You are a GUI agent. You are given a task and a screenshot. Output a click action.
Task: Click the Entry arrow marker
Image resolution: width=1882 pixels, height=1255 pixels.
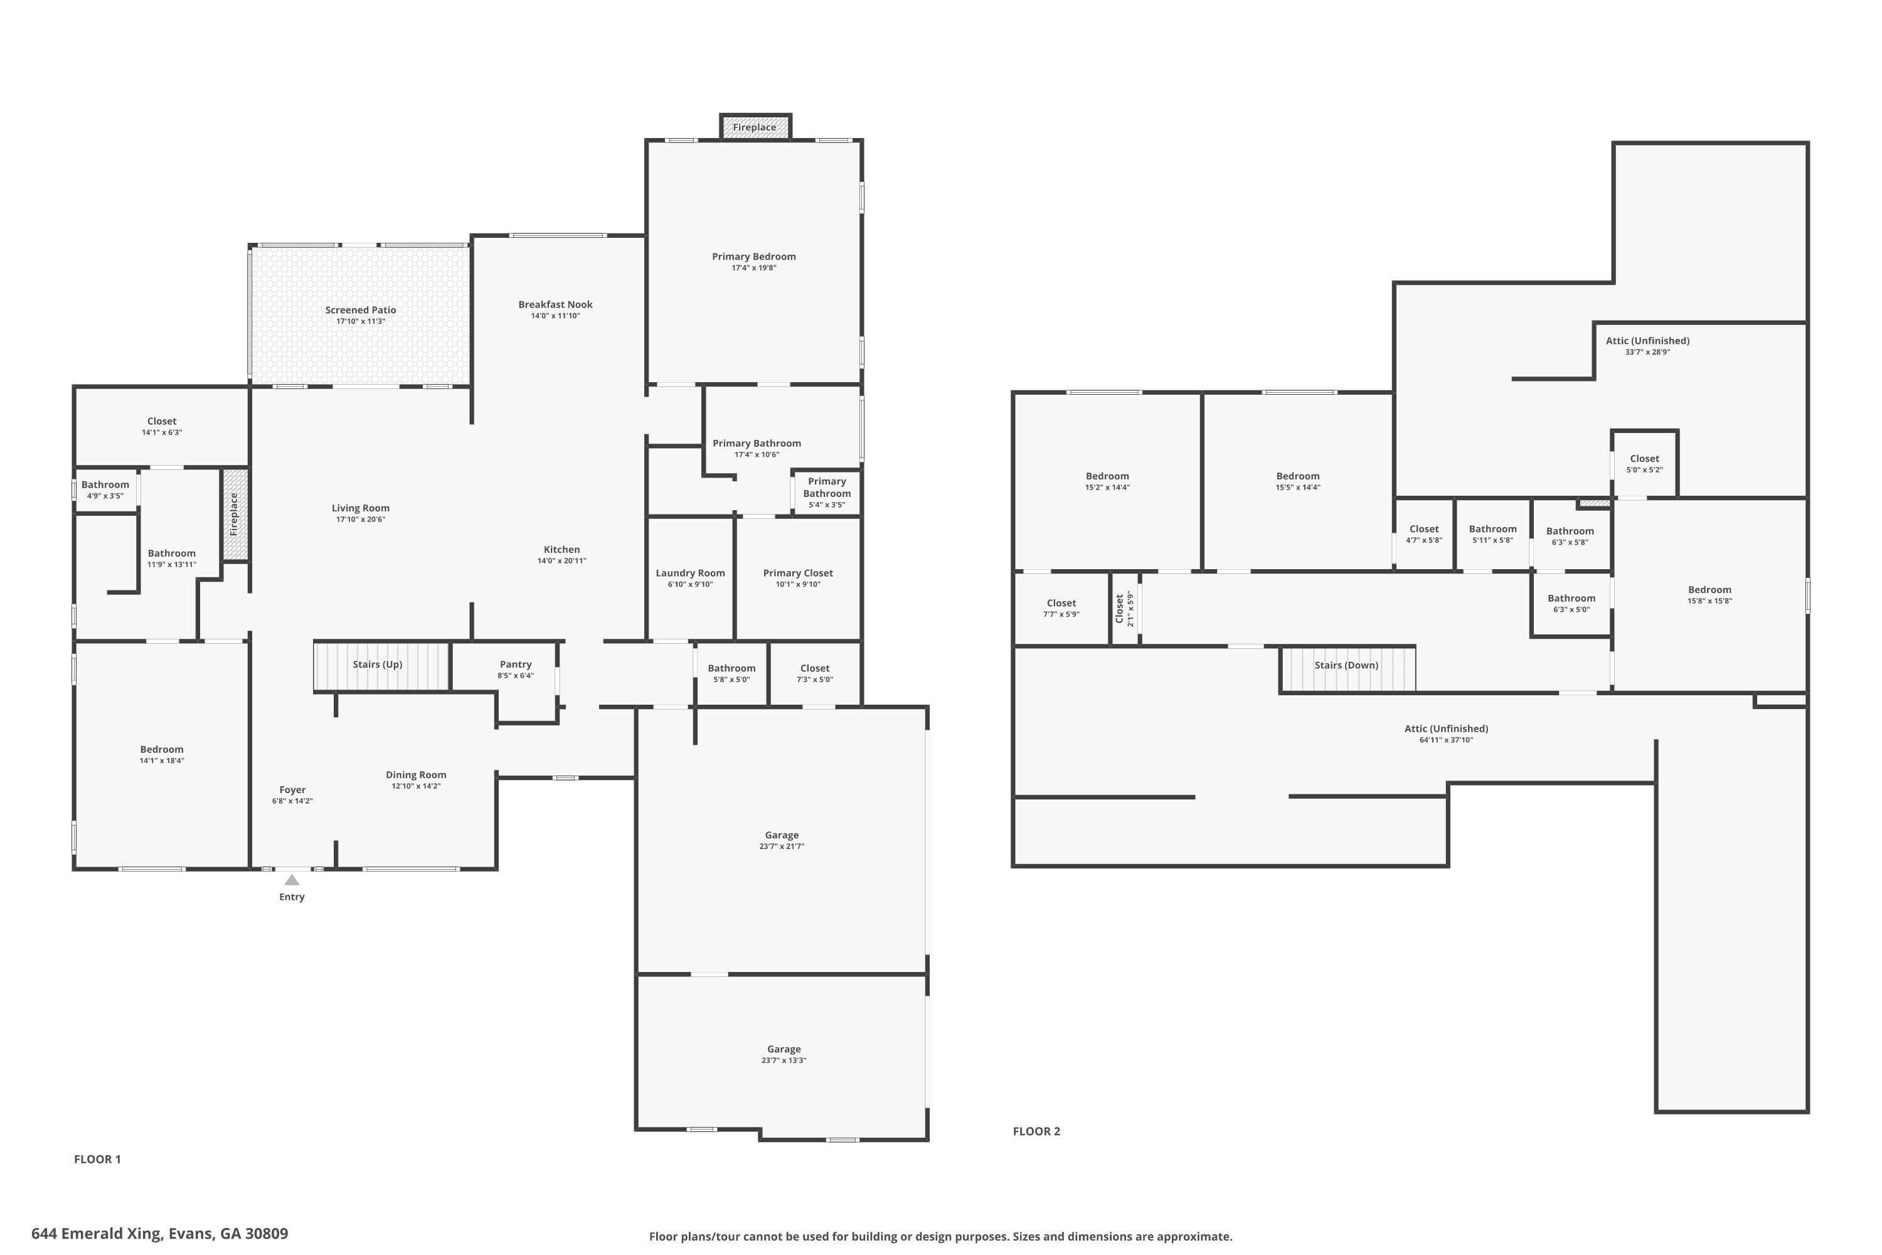tap(292, 880)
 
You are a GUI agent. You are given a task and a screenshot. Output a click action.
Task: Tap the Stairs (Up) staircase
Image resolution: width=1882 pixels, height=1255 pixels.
tap(381, 666)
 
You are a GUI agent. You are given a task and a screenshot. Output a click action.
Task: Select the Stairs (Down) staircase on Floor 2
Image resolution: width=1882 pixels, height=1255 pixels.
tap(1348, 668)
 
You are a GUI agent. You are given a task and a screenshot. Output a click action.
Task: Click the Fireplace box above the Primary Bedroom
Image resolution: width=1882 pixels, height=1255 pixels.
tap(755, 127)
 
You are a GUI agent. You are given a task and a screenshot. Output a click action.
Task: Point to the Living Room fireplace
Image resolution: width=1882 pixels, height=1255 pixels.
tap(235, 515)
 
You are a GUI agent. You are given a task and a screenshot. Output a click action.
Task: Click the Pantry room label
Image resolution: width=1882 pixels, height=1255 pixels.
tap(515, 665)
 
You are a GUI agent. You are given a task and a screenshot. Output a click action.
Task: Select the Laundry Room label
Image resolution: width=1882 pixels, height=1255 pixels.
tap(689, 573)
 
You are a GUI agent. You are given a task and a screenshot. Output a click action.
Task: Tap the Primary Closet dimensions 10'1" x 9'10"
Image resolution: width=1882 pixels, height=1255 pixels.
tap(798, 584)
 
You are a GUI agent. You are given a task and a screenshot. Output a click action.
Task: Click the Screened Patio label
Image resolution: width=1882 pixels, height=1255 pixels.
tap(360, 311)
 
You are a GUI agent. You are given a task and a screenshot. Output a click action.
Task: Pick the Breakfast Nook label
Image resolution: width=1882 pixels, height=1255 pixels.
tap(555, 305)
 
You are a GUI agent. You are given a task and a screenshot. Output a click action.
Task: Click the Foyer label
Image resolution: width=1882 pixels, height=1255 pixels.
tap(292, 790)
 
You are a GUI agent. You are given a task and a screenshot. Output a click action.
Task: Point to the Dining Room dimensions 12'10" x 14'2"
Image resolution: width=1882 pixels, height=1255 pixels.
tap(416, 786)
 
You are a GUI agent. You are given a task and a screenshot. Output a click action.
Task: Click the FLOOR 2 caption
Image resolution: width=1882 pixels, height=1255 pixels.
tap(1036, 1131)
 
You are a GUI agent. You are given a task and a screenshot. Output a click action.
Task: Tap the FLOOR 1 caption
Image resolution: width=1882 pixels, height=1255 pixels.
tap(97, 1159)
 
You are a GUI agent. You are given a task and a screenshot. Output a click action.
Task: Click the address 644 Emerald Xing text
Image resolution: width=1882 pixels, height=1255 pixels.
tap(159, 1234)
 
